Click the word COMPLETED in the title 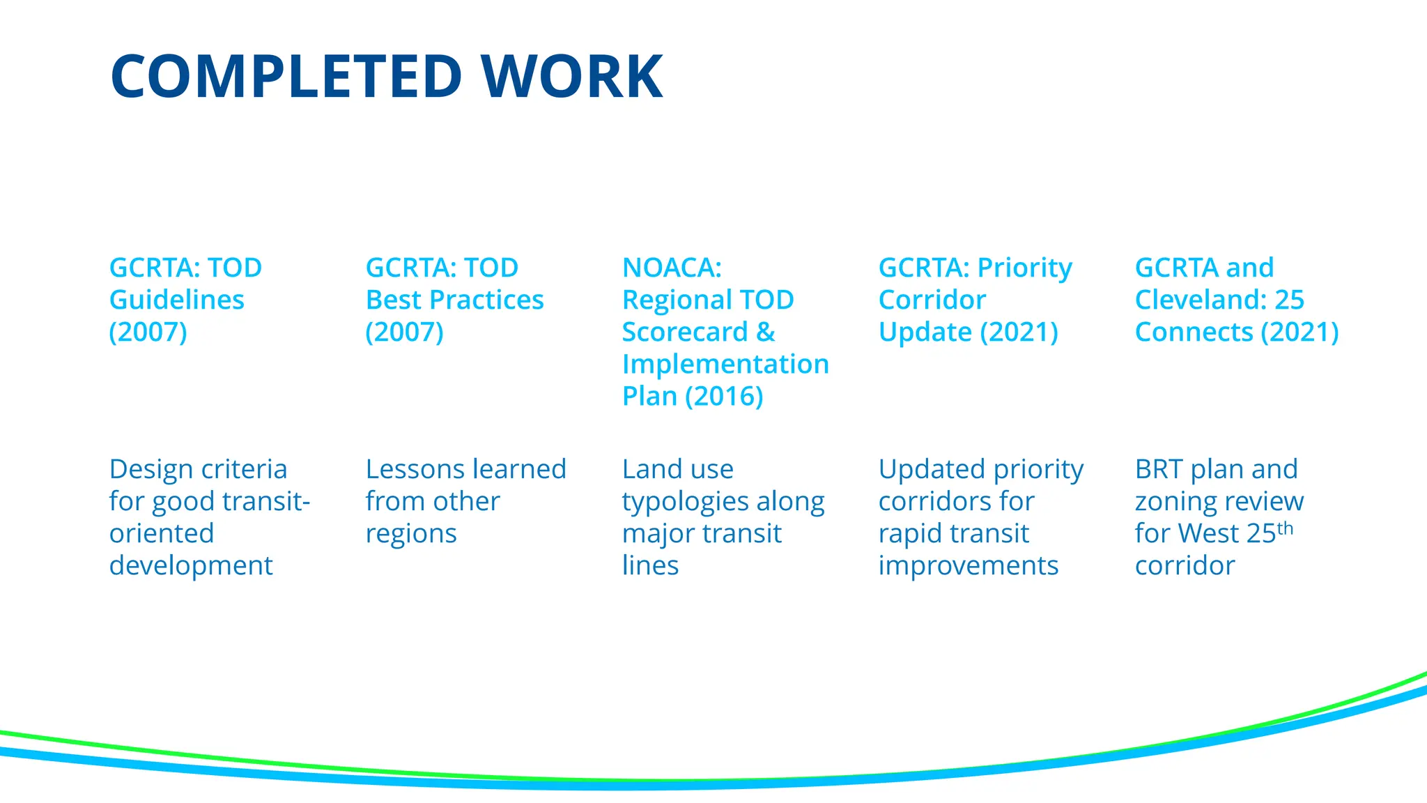[286, 76]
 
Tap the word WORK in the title [573, 76]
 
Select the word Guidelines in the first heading [177, 300]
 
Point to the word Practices [486, 300]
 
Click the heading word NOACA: [672, 268]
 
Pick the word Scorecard [684, 332]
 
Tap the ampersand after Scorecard [766, 332]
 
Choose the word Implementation [725, 364]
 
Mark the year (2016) [724, 396]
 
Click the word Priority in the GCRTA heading [1024, 268]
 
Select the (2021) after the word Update [1019, 332]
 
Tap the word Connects [1194, 332]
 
